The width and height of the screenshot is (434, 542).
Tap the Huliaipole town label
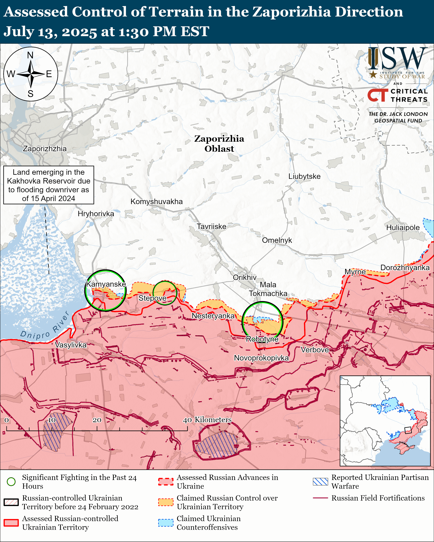tap(403, 228)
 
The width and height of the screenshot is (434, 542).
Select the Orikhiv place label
tap(245, 277)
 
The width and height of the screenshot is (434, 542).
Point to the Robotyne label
tap(262, 339)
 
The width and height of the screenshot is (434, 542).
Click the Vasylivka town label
tap(71, 345)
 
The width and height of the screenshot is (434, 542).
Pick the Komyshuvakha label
tap(157, 201)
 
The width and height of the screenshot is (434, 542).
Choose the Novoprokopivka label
tap(261, 358)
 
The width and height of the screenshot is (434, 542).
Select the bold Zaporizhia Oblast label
tap(219, 144)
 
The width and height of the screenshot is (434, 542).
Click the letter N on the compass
tap(30, 55)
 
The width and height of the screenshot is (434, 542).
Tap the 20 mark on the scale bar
tap(97, 420)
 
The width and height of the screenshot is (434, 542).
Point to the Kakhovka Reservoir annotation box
tap(49, 185)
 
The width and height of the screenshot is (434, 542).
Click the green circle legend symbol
tap(11, 482)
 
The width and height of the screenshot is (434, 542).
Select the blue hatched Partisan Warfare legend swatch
tap(320, 482)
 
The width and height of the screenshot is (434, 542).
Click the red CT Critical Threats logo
tap(377, 95)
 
